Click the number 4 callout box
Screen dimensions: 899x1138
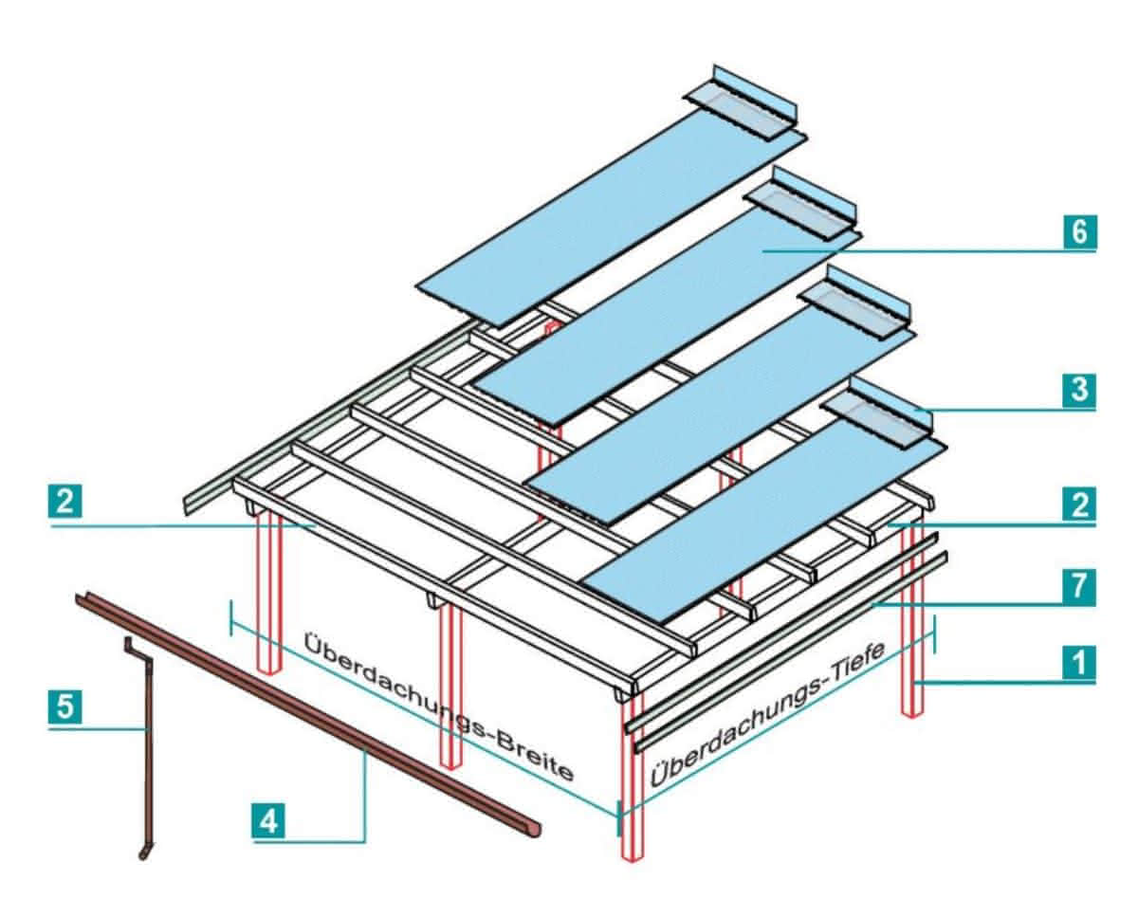(269, 820)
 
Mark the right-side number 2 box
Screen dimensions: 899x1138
(1079, 504)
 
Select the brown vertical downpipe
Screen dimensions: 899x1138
(149, 740)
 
